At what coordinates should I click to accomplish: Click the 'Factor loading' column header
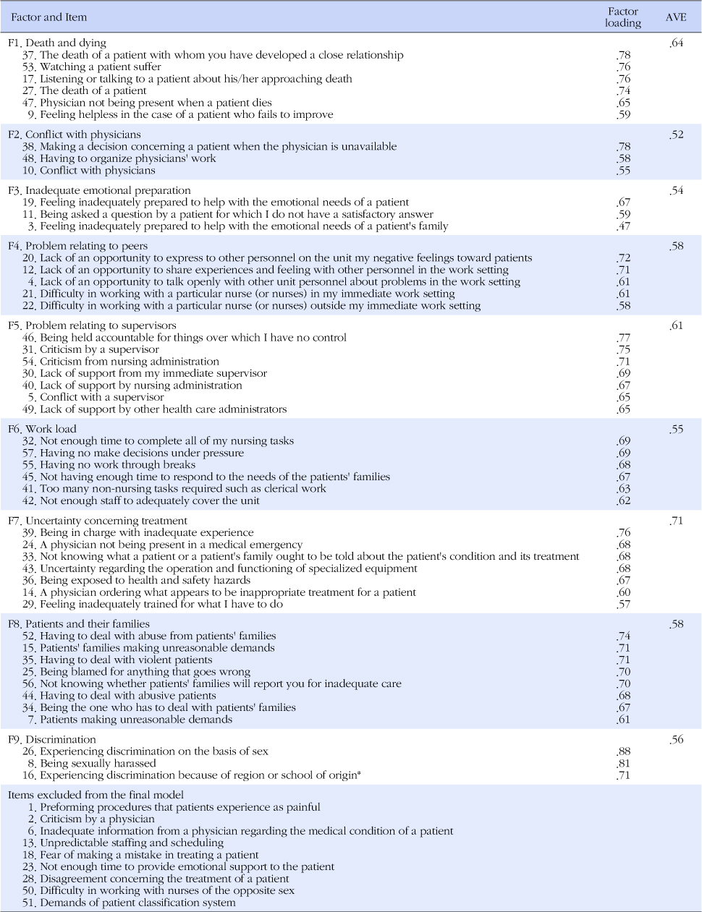coord(623,17)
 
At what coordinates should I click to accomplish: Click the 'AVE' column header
coord(676,17)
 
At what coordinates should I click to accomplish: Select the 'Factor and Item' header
coord(48,17)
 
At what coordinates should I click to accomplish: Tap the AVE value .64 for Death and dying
coord(677,43)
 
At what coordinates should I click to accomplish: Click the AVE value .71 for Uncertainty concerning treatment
coord(676,521)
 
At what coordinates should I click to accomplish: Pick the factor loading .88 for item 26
coord(623,751)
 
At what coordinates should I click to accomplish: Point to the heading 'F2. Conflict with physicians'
coord(75,135)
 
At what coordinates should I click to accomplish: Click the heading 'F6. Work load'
coord(42,429)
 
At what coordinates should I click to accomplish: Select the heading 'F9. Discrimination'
coord(52,739)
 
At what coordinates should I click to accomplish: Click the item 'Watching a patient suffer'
coord(101,67)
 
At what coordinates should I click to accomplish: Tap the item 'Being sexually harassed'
coord(98,763)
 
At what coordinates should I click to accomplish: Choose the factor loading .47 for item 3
coord(623,226)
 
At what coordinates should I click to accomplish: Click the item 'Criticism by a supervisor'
coord(99,349)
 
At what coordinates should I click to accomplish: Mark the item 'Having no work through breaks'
coord(117,464)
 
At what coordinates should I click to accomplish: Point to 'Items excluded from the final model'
coord(96,795)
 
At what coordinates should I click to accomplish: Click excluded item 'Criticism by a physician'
coord(97,819)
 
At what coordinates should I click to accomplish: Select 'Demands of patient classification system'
coord(138,903)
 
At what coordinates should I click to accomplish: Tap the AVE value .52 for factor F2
coord(676,135)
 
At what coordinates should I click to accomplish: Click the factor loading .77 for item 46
coord(623,338)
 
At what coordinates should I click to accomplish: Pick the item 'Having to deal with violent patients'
coord(126,660)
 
